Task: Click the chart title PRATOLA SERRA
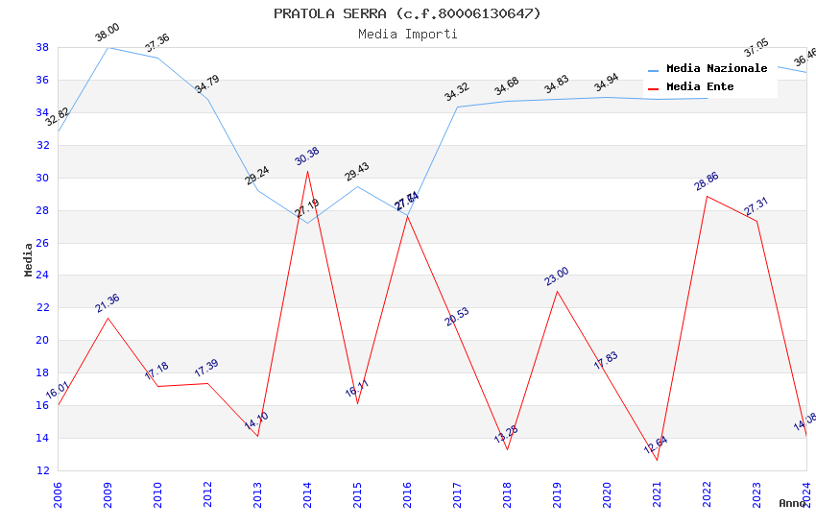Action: [x=407, y=13]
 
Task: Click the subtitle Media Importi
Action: [x=407, y=35]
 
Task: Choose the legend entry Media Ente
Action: [x=700, y=87]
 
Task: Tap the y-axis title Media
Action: [x=29, y=259]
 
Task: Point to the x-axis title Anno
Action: [x=792, y=503]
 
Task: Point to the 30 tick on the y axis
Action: [x=43, y=178]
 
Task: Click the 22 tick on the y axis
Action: [x=43, y=308]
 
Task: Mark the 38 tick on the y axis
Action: [x=43, y=47]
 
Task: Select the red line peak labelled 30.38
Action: [x=307, y=171]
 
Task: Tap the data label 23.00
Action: [x=557, y=276]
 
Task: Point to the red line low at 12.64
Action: [x=657, y=460]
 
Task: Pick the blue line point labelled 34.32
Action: [x=457, y=107]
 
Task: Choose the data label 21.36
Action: [x=108, y=303]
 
